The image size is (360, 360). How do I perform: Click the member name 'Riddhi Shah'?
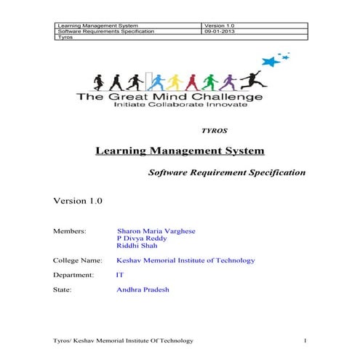tap(137, 246)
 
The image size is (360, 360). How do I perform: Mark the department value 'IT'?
tap(120, 275)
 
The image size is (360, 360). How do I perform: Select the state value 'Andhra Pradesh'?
tap(143, 289)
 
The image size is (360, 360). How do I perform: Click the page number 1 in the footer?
tap(306, 340)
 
